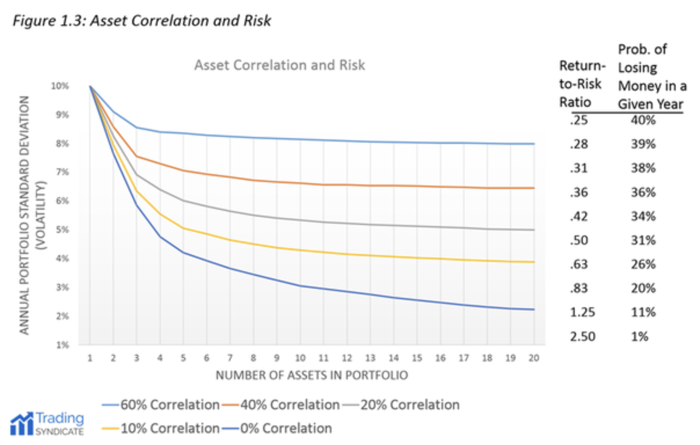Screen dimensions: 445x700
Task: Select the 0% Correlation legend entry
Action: point(286,428)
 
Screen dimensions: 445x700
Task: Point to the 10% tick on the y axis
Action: point(60,86)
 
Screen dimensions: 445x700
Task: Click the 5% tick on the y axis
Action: point(62,230)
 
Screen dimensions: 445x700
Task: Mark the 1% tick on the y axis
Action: point(62,345)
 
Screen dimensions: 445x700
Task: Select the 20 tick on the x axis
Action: point(534,358)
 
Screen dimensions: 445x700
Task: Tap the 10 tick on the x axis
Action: point(300,358)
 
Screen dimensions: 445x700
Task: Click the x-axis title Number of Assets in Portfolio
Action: point(312,375)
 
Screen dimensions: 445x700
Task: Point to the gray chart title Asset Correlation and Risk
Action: point(280,65)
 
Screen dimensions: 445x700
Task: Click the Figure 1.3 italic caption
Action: point(142,21)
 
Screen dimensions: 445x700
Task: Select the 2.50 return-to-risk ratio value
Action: point(582,336)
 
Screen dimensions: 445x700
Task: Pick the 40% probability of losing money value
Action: point(643,120)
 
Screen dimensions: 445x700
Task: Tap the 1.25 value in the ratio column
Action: point(582,312)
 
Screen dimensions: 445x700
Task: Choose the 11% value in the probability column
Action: point(643,312)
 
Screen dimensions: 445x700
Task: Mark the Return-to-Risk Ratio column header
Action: point(582,84)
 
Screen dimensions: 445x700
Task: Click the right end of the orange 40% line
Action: point(533,188)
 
